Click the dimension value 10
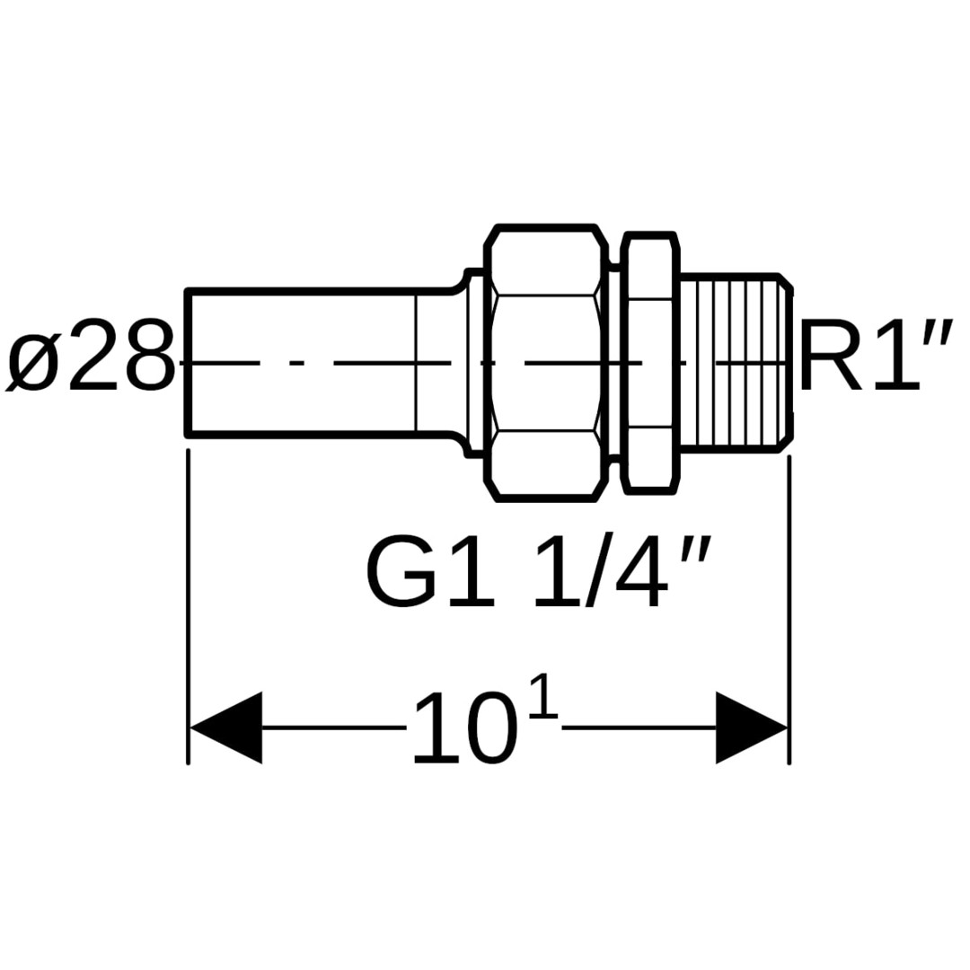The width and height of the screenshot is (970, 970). (x=464, y=729)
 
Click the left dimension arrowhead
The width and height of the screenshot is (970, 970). (x=225, y=727)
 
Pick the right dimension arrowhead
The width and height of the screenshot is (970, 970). (x=751, y=727)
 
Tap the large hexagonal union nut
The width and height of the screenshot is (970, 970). (x=545, y=362)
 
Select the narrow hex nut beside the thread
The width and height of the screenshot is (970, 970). (x=649, y=362)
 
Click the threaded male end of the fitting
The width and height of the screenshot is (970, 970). (x=732, y=362)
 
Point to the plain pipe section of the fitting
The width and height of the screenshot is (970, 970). (x=305, y=362)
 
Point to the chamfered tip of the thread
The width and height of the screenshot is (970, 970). (x=786, y=362)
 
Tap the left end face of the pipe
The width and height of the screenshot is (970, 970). (x=188, y=362)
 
